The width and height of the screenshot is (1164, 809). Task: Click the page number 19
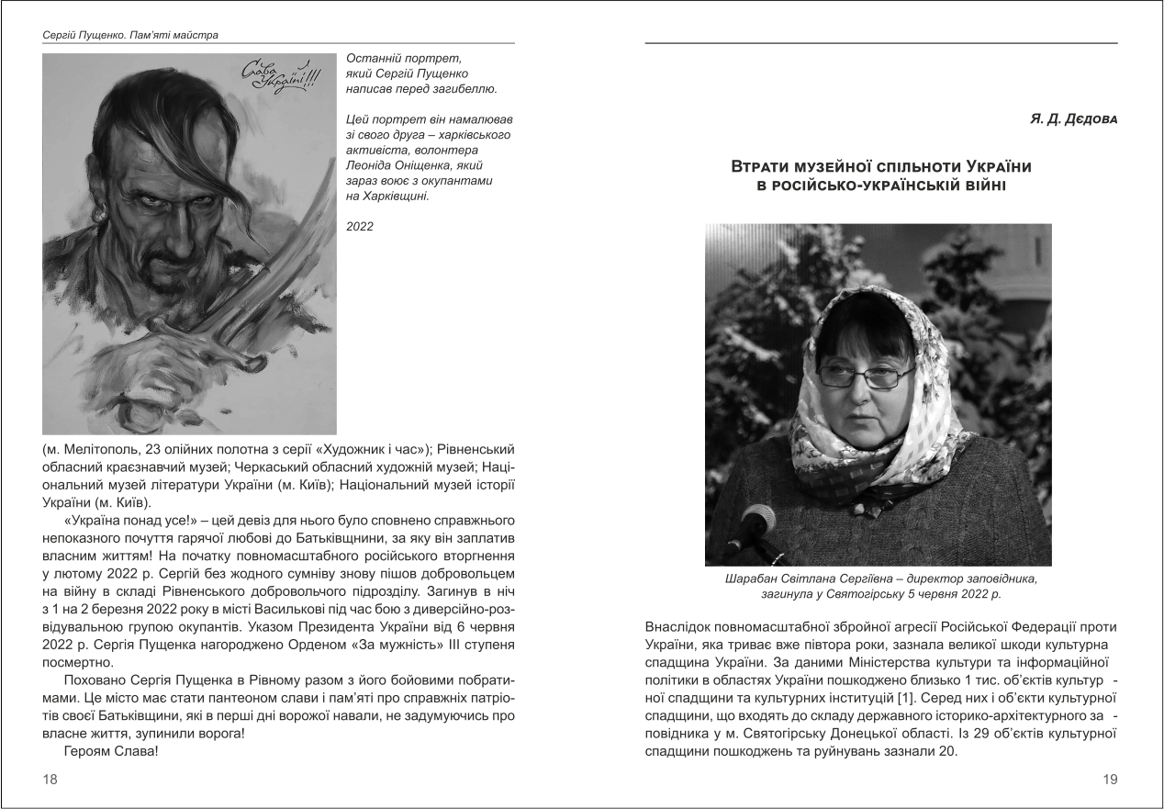coord(1110,779)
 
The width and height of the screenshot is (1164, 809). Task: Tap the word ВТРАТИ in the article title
coord(761,167)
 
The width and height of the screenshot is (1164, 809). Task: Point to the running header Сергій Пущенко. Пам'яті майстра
coord(121,36)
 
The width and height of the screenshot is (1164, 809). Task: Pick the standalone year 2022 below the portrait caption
coord(361,226)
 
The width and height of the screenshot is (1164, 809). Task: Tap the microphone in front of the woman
coord(762,524)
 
